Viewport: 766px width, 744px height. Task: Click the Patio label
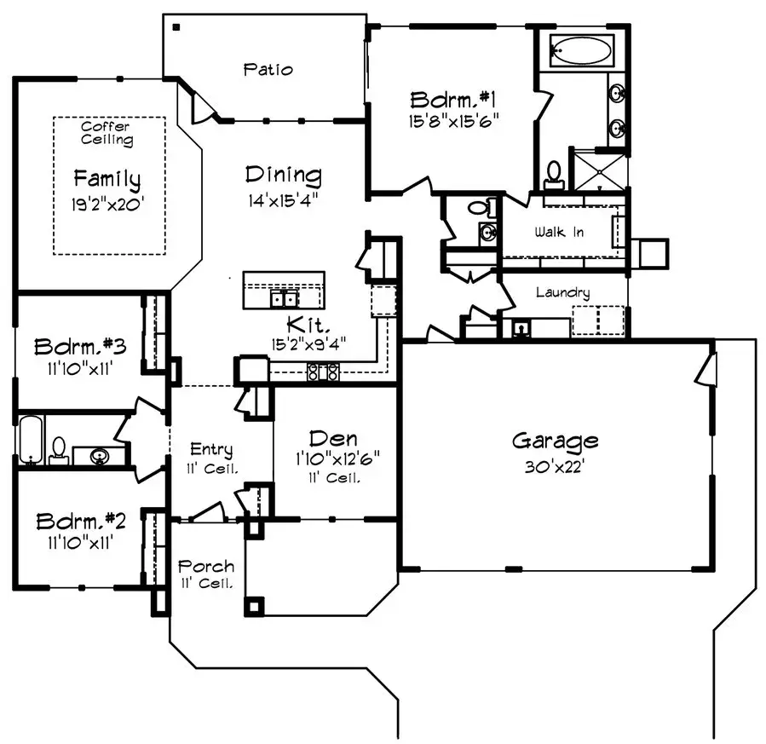point(267,69)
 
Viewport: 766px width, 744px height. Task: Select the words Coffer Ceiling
point(107,133)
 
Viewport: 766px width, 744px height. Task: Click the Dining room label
point(284,176)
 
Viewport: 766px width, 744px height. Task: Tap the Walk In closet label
point(558,232)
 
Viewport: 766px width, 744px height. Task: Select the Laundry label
point(562,292)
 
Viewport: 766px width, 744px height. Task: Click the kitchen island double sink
point(284,299)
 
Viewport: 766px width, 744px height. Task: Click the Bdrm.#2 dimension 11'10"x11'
point(80,539)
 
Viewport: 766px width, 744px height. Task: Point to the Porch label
point(205,567)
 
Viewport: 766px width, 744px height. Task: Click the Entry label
point(210,450)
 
